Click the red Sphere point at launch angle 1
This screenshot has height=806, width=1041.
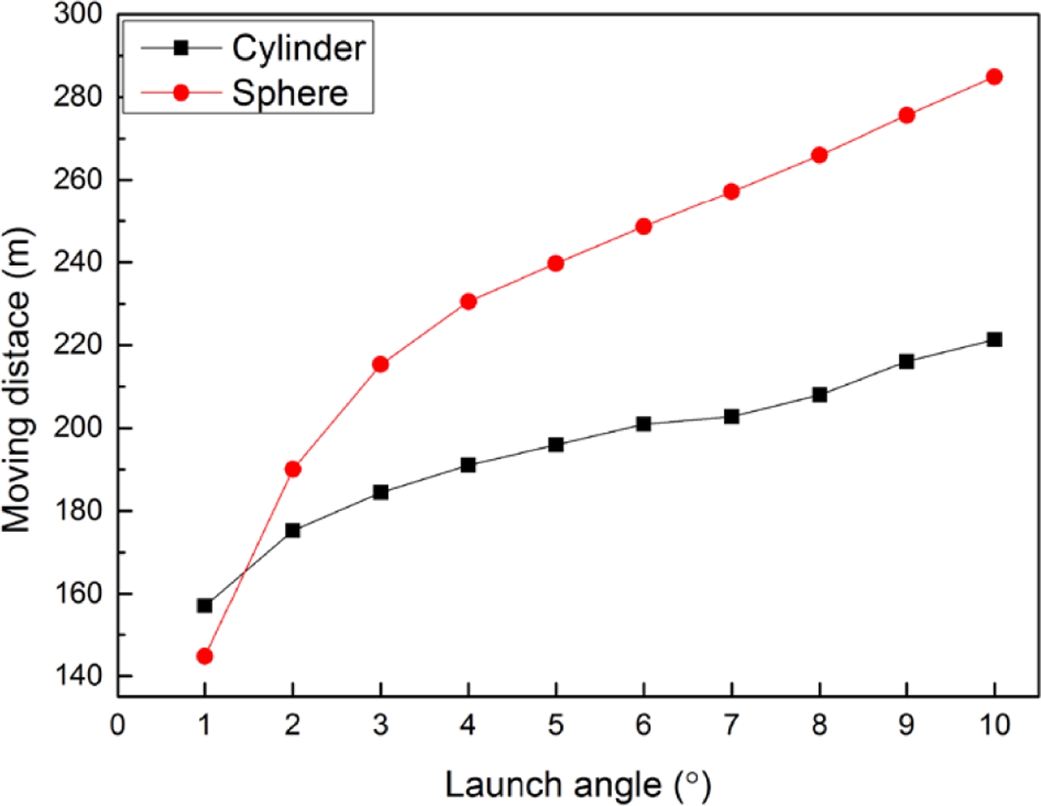coord(205,656)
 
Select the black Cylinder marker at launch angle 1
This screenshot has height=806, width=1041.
coord(205,606)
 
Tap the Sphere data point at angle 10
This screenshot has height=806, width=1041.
coord(995,77)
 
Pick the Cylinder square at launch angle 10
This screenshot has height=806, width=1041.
coord(995,340)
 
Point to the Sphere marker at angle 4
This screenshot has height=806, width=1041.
coord(468,302)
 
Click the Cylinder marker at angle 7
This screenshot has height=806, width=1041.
coord(731,417)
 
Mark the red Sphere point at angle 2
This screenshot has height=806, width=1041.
coord(292,469)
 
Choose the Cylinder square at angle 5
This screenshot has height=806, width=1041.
coord(556,445)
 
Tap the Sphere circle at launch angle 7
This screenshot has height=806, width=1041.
coord(731,191)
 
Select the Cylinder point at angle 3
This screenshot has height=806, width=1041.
coord(380,492)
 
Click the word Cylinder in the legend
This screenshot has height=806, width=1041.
coord(298,48)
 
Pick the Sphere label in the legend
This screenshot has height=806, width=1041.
coord(290,93)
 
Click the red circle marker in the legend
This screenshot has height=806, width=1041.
coord(181,93)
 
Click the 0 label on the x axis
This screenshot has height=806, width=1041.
coord(118,726)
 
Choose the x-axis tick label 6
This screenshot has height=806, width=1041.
coord(643,726)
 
